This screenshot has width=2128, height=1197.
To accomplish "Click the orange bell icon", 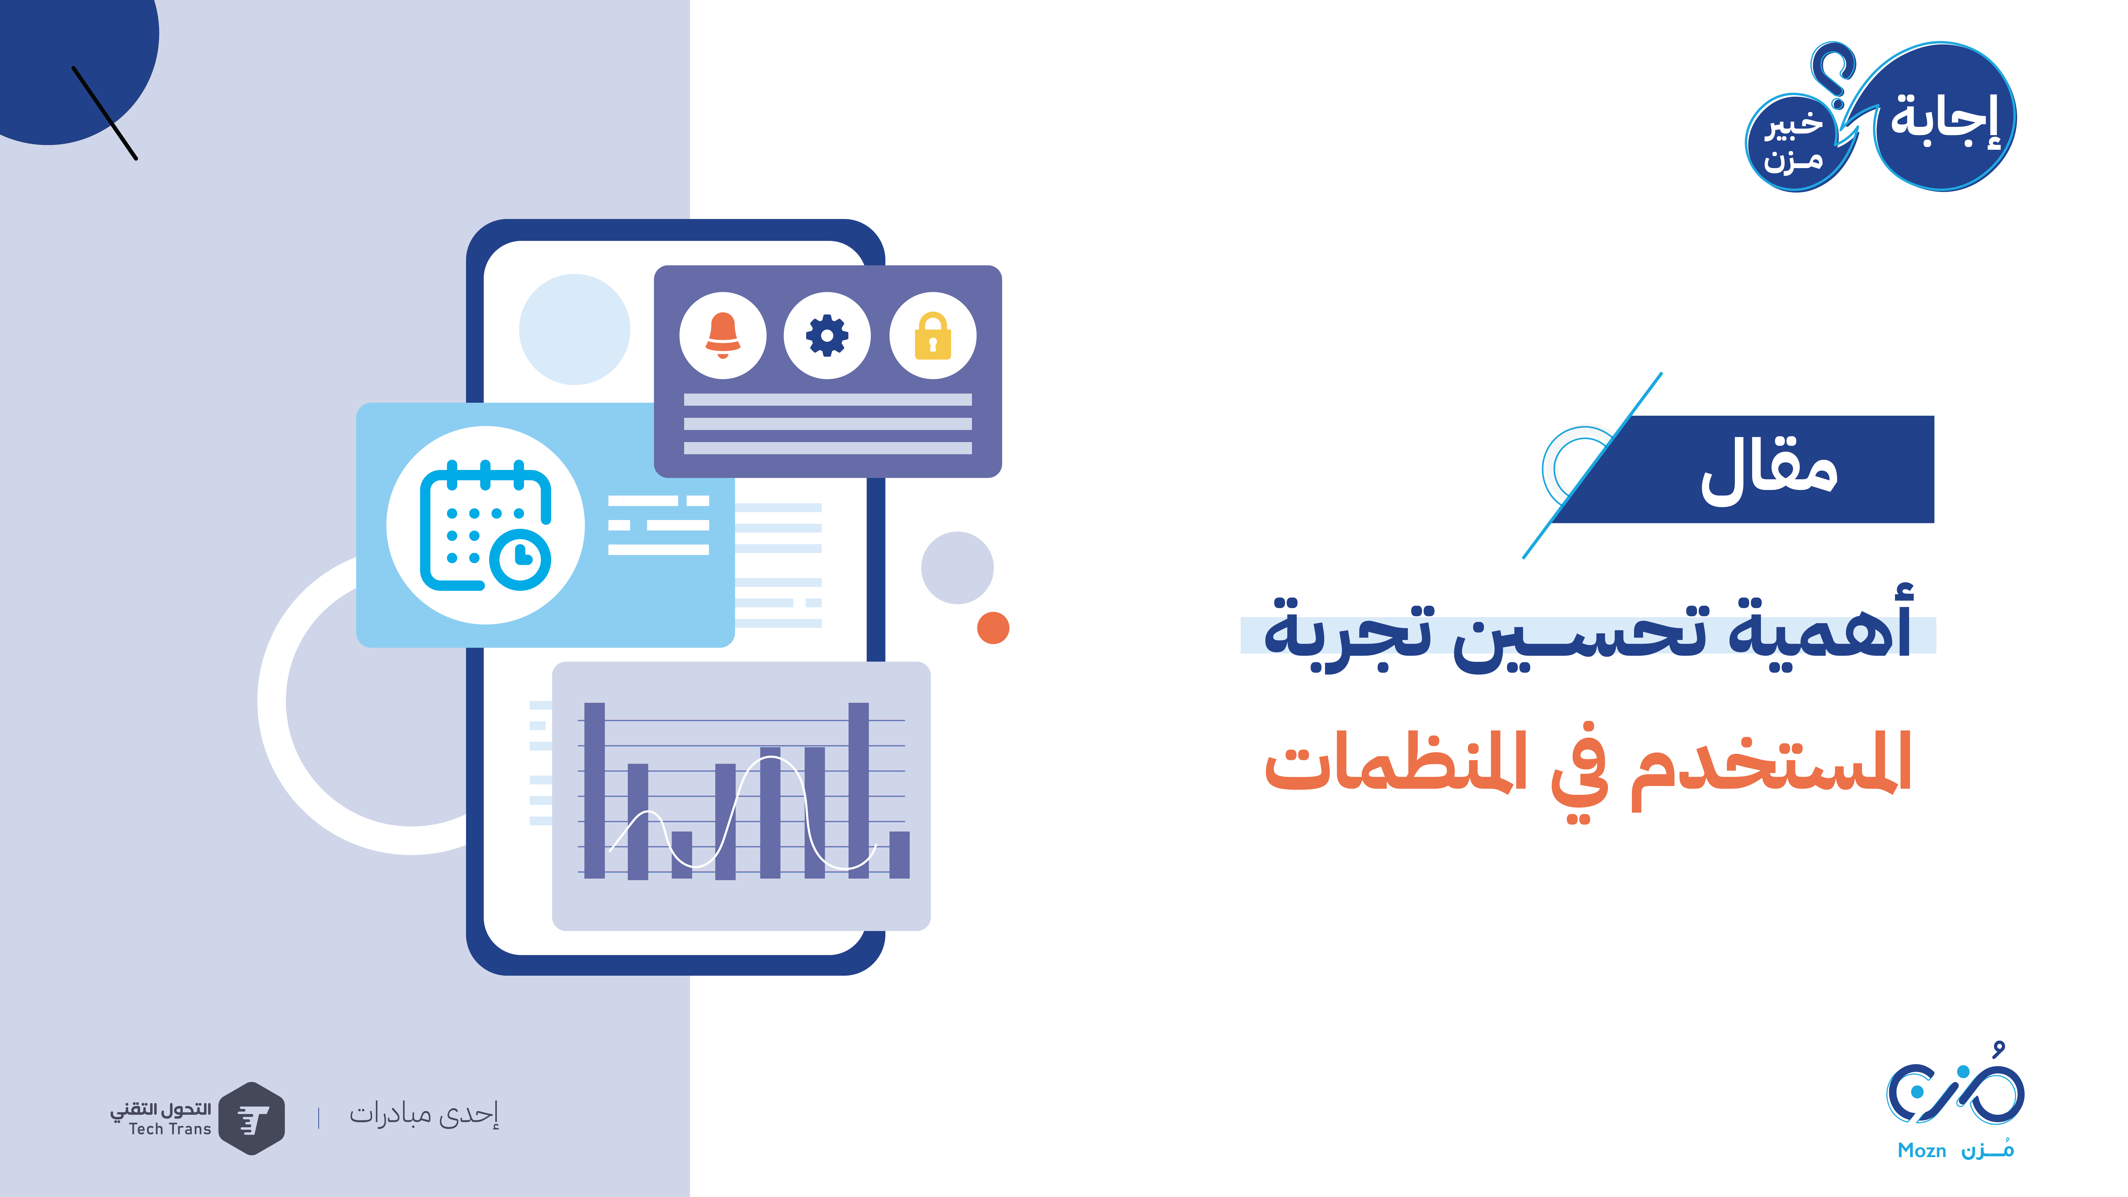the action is pyautogui.click(x=723, y=335).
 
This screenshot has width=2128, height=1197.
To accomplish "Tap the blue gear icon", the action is pyautogui.click(x=827, y=335).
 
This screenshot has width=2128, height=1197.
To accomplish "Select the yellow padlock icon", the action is pyautogui.click(x=933, y=335).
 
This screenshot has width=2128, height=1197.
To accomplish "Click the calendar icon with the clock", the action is pyautogui.click(x=486, y=525).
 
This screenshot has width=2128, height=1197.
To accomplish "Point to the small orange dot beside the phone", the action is pyautogui.click(x=993, y=628).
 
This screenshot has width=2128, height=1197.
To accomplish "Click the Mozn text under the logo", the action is pyautogui.click(x=1922, y=1151).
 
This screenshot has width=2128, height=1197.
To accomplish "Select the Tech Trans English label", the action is pyautogui.click(x=170, y=1129).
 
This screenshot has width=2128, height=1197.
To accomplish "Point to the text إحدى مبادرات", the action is pyautogui.click(x=424, y=1114).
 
